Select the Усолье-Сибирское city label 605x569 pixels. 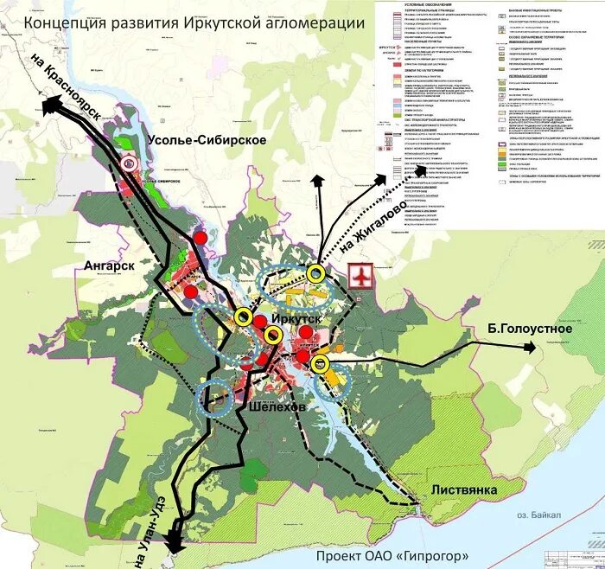(x=206, y=140)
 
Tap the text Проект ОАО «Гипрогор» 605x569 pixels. (x=392, y=554)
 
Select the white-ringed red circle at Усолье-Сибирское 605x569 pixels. (x=130, y=162)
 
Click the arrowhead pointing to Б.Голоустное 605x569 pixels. (x=529, y=348)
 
